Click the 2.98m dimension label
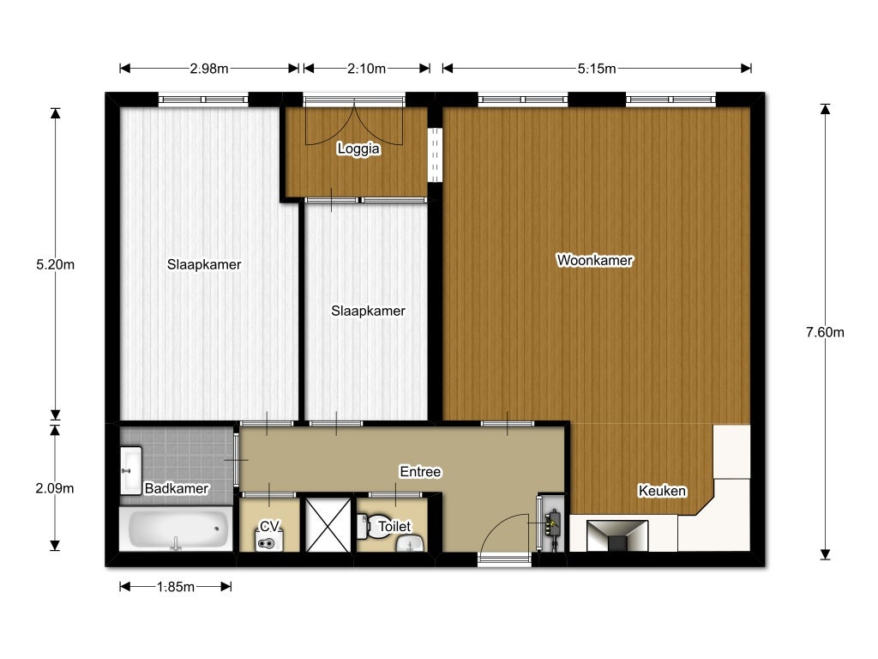(x=209, y=69)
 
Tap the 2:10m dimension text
(x=366, y=69)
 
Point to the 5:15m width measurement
(x=597, y=69)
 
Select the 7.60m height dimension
(x=825, y=332)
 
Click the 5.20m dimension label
(x=55, y=264)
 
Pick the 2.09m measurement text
(x=55, y=488)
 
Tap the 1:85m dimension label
(x=175, y=587)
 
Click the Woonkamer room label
(x=595, y=260)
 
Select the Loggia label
(x=358, y=148)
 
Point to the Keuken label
(x=662, y=491)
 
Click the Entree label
(x=420, y=472)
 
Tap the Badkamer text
(x=177, y=488)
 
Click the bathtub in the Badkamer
(x=177, y=529)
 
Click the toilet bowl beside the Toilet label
(x=373, y=527)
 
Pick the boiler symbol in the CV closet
(x=269, y=541)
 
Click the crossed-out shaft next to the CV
(x=328, y=525)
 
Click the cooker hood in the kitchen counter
(x=617, y=535)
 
